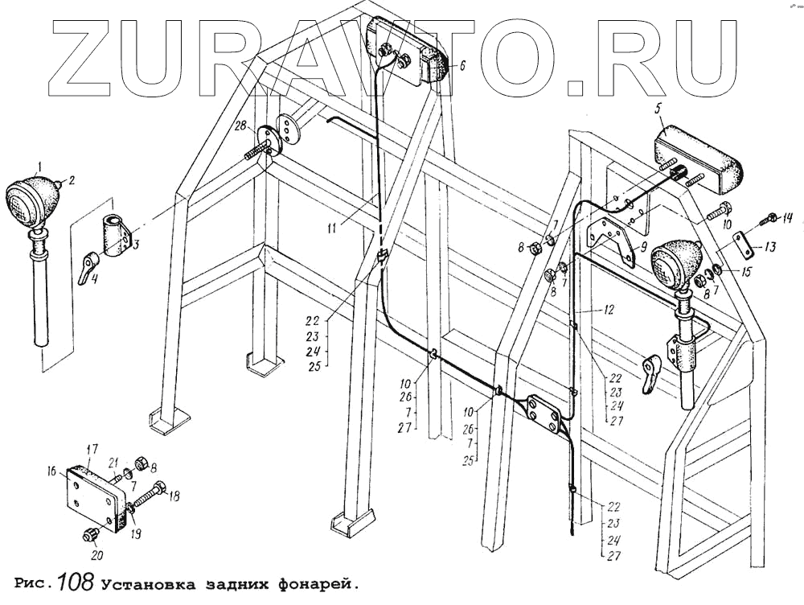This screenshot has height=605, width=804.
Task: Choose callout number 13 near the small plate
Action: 770,248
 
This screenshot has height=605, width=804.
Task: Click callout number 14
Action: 788,217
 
